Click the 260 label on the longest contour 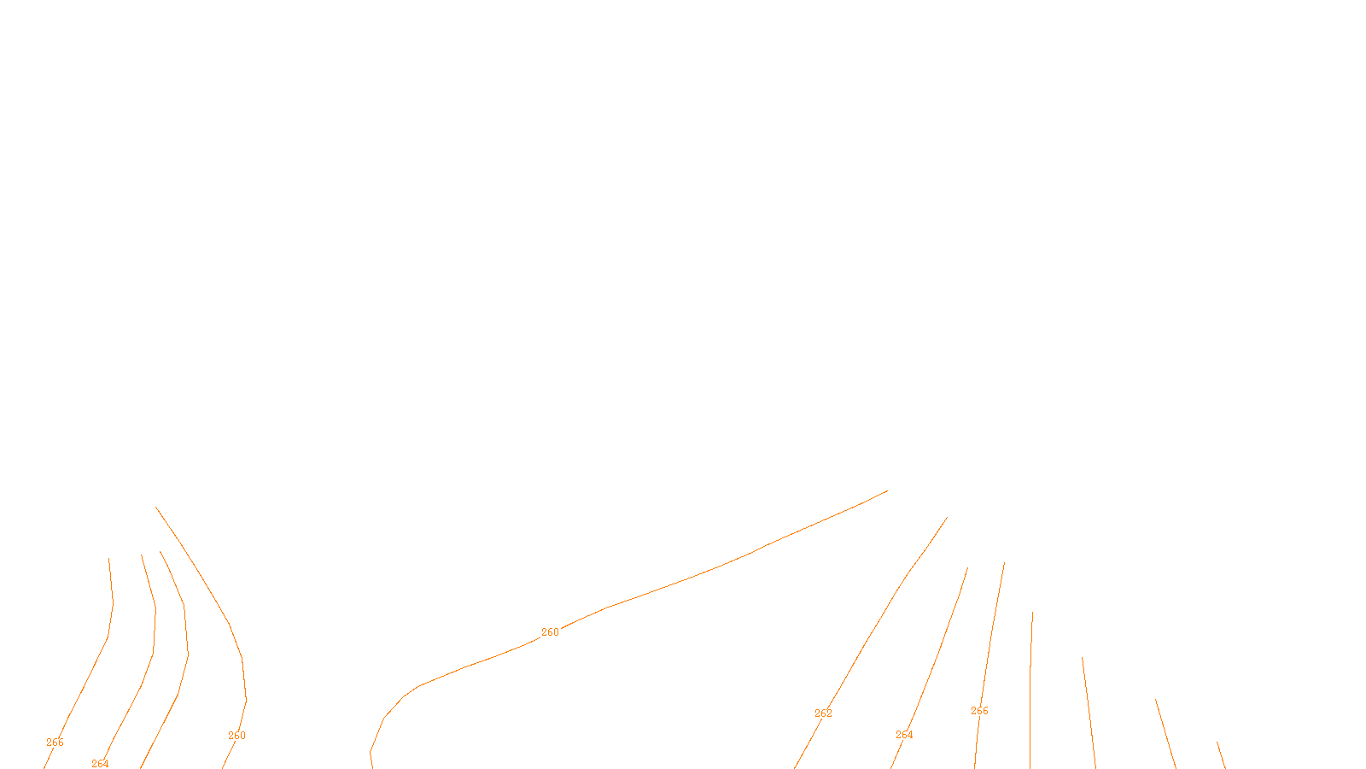(550, 632)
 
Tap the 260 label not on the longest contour (236, 736)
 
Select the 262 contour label (823, 713)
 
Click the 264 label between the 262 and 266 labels (904, 735)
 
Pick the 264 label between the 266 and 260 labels (100, 764)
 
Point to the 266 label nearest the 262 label (979, 711)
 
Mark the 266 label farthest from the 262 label (55, 743)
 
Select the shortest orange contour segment (1222, 755)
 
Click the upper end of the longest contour (886, 491)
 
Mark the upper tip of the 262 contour (947, 518)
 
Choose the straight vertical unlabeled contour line (1030, 684)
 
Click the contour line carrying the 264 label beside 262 (939, 649)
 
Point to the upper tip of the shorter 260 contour (157, 508)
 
